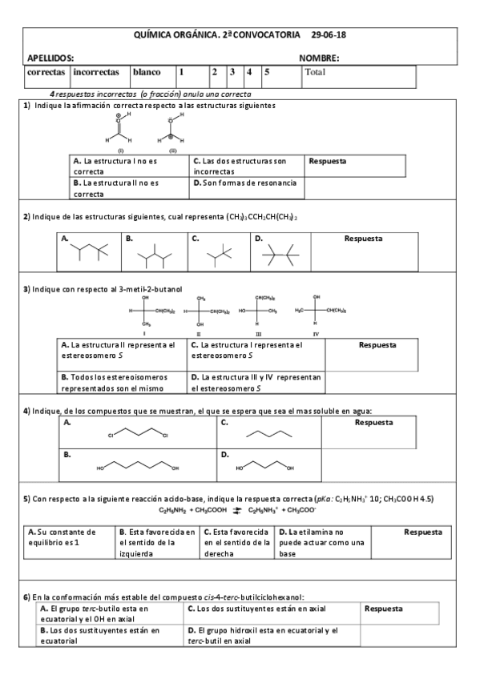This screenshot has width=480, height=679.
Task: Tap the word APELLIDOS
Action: tap(50, 58)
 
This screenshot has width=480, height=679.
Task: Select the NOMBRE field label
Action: tap(319, 58)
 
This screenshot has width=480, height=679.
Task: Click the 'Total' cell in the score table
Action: tap(315, 72)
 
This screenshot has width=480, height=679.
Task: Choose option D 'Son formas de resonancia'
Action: tap(245, 183)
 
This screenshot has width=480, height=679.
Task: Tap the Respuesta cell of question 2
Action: tap(362, 251)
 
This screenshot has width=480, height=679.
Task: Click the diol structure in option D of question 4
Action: tap(264, 465)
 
